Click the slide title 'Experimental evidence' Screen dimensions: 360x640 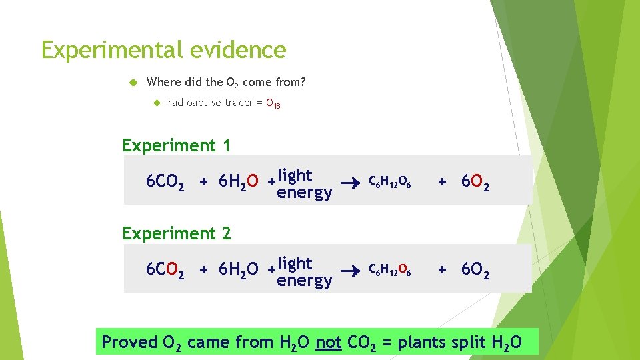click(163, 50)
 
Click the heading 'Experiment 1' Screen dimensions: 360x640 click(176, 145)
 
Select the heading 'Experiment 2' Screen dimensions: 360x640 click(177, 233)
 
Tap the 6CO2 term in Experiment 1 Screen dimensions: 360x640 click(165, 182)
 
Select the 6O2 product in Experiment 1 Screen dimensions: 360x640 click(473, 182)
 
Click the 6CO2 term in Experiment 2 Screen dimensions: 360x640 click(165, 270)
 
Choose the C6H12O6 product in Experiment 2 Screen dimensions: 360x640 click(390, 269)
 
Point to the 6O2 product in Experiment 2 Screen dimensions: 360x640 click(473, 270)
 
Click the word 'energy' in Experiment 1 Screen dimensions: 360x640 click(304, 193)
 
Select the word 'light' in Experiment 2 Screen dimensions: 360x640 click(295, 262)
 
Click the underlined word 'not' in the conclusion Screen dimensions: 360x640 click(328, 342)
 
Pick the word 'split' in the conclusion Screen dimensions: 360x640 click(468, 343)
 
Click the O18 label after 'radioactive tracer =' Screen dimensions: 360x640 click(273, 103)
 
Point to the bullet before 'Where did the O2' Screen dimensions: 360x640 click(133, 83)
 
